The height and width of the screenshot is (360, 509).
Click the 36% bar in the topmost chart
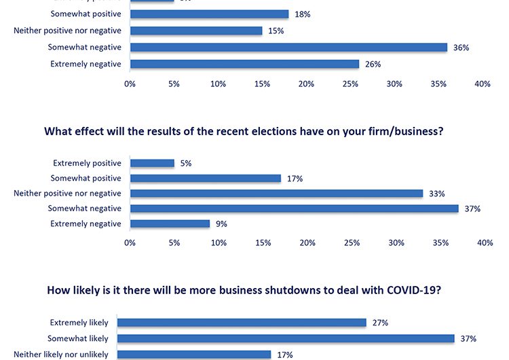point(288,48)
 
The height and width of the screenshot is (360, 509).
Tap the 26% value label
point(373,65)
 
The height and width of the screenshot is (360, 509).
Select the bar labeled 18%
point(209,14)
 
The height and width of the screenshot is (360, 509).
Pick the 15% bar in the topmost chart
point(196,31)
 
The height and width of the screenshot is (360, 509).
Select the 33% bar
point(276,194)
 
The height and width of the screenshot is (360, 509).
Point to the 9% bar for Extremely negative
point(170,223)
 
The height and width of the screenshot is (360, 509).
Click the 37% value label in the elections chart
point(472,209)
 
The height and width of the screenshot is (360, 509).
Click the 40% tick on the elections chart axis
point(485,243)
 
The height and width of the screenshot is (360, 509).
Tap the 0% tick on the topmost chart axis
point(130,84)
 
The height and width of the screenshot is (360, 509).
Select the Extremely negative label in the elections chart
point(86,223)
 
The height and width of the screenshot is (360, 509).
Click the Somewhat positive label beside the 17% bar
point(86,178)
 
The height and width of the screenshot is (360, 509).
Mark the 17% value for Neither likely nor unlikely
point(284,354)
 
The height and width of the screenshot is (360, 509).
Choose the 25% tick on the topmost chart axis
point(350,84)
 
